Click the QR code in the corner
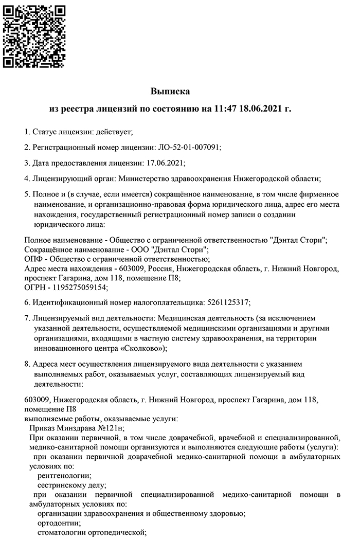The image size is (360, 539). click(34, 34)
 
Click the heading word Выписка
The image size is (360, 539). click(170, 92)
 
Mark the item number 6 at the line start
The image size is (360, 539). click(27, 302)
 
